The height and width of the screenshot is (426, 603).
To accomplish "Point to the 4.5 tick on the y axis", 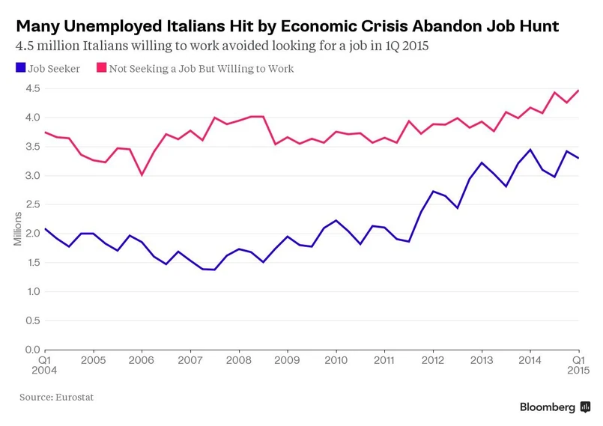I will pyautogui.click(x=31, y=88).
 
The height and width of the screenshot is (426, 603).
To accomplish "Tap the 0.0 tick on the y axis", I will pyautogui.click(x=31, y=350).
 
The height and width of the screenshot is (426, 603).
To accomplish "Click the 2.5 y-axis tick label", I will pyautogui.click(x=31, y=204).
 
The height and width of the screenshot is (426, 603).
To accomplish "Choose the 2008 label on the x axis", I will pyautogui.click(x=239, y=360).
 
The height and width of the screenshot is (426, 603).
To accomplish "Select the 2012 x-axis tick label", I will pyautogui.click(x=433, y=360).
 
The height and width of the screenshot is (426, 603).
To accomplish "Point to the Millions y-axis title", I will pyautogui.click(x=18, y=228).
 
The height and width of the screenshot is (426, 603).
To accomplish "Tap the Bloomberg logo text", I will pyautogui.click(x=548, y=407).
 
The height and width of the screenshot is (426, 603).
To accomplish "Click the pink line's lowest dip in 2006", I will pyautogui.click(x=142, y=174).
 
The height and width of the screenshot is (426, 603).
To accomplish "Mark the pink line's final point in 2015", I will pyautogui.click(x=578, y=91).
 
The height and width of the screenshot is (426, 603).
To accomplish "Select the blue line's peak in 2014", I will pyautogui.click(x=531, y=150).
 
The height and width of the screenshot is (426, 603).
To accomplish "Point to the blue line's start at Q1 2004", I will pyautogui.click(x=46, y=229).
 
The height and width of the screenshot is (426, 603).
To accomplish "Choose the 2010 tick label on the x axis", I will pyautogui.click(x=336, y=360).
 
